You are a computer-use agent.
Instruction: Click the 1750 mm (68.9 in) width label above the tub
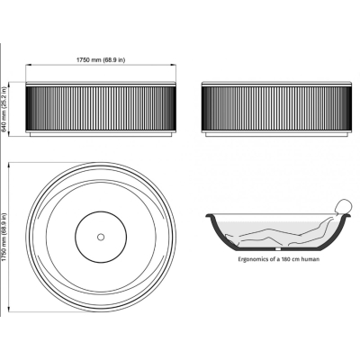[101, 60]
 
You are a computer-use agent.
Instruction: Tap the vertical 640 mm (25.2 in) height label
[4, 109]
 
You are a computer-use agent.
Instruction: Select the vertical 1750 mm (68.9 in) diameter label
[4, 237]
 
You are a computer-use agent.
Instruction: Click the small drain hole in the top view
[101, 237]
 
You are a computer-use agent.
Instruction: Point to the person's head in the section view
[342, 207]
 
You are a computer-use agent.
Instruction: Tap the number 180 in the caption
[285, 258]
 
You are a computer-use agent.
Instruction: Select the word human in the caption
[310, 258]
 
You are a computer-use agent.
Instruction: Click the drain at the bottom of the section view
[278, 248]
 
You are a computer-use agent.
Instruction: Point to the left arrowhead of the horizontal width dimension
[28, 65]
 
